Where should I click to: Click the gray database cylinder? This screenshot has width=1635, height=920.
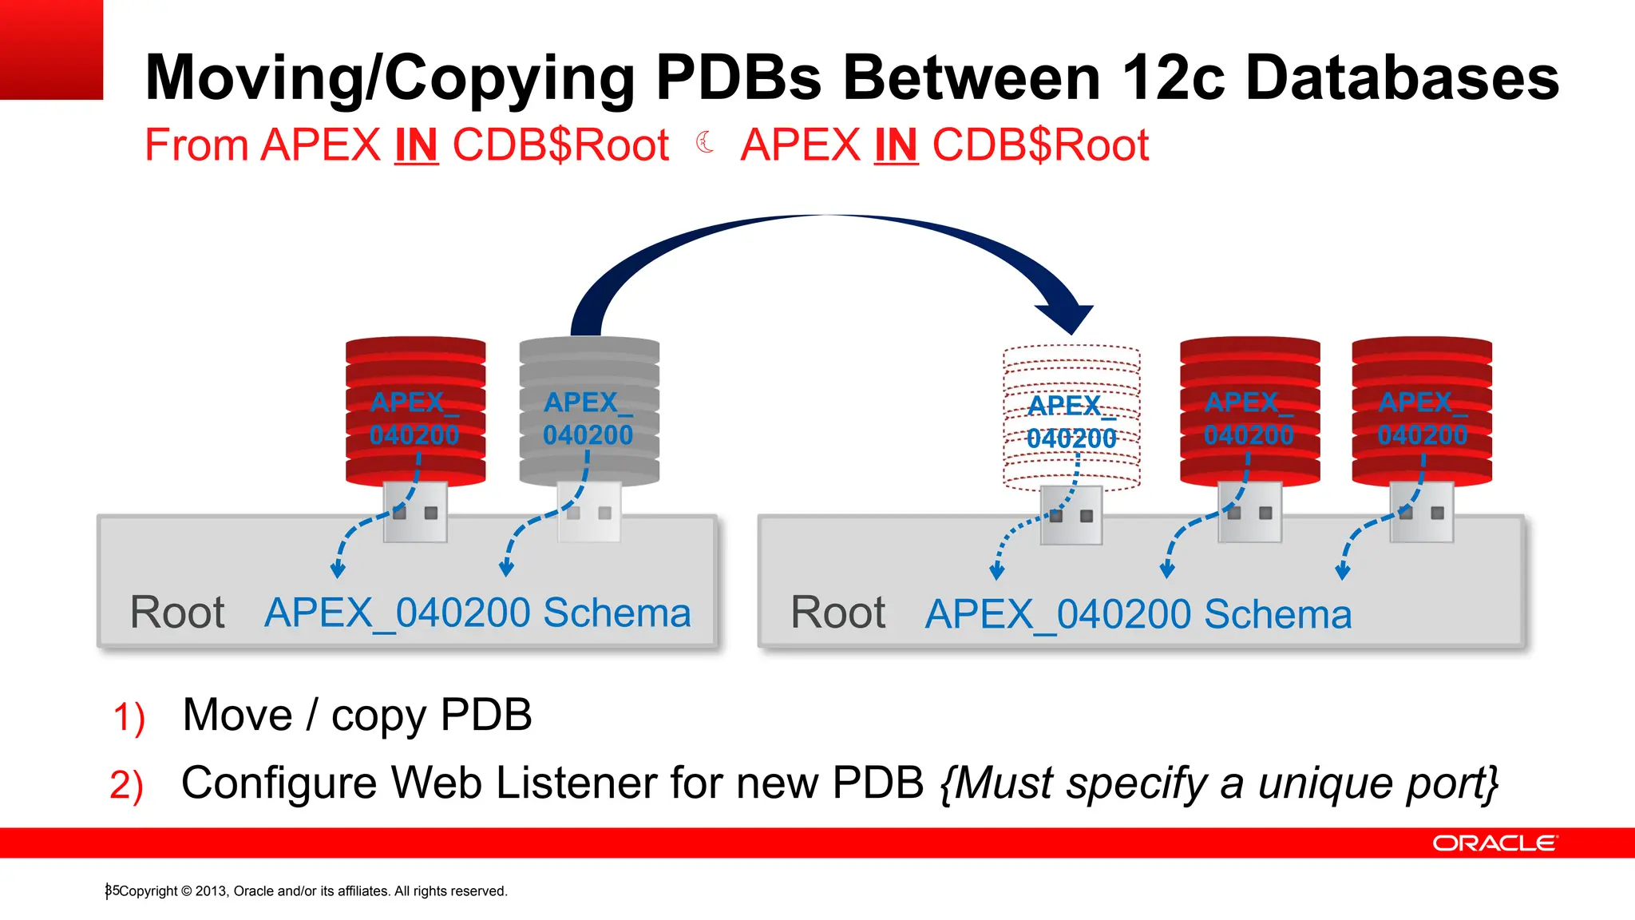pos(589,411)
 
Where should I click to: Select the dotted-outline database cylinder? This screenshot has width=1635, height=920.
pos(1071,415)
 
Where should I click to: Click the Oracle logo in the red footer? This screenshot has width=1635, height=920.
pos(1494,843)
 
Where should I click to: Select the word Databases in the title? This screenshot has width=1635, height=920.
pos(1402,78)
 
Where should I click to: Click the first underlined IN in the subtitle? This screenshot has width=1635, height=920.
pos(416,146)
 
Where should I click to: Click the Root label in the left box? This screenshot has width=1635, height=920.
pos(177,613)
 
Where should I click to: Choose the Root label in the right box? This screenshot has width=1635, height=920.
pos(837,613)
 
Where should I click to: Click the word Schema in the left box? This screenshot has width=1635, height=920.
pos(616,613)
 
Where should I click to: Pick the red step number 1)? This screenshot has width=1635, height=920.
pos(129,716)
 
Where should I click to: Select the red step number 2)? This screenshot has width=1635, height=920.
pos(126,784)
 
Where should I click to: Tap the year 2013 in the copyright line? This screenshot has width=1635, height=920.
pos(211,891)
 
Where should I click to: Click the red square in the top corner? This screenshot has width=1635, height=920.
pos(51,50)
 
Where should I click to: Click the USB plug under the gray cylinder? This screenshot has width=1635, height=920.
pos(589,511)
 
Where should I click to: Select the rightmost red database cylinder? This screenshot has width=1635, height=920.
pos(1422,411)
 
